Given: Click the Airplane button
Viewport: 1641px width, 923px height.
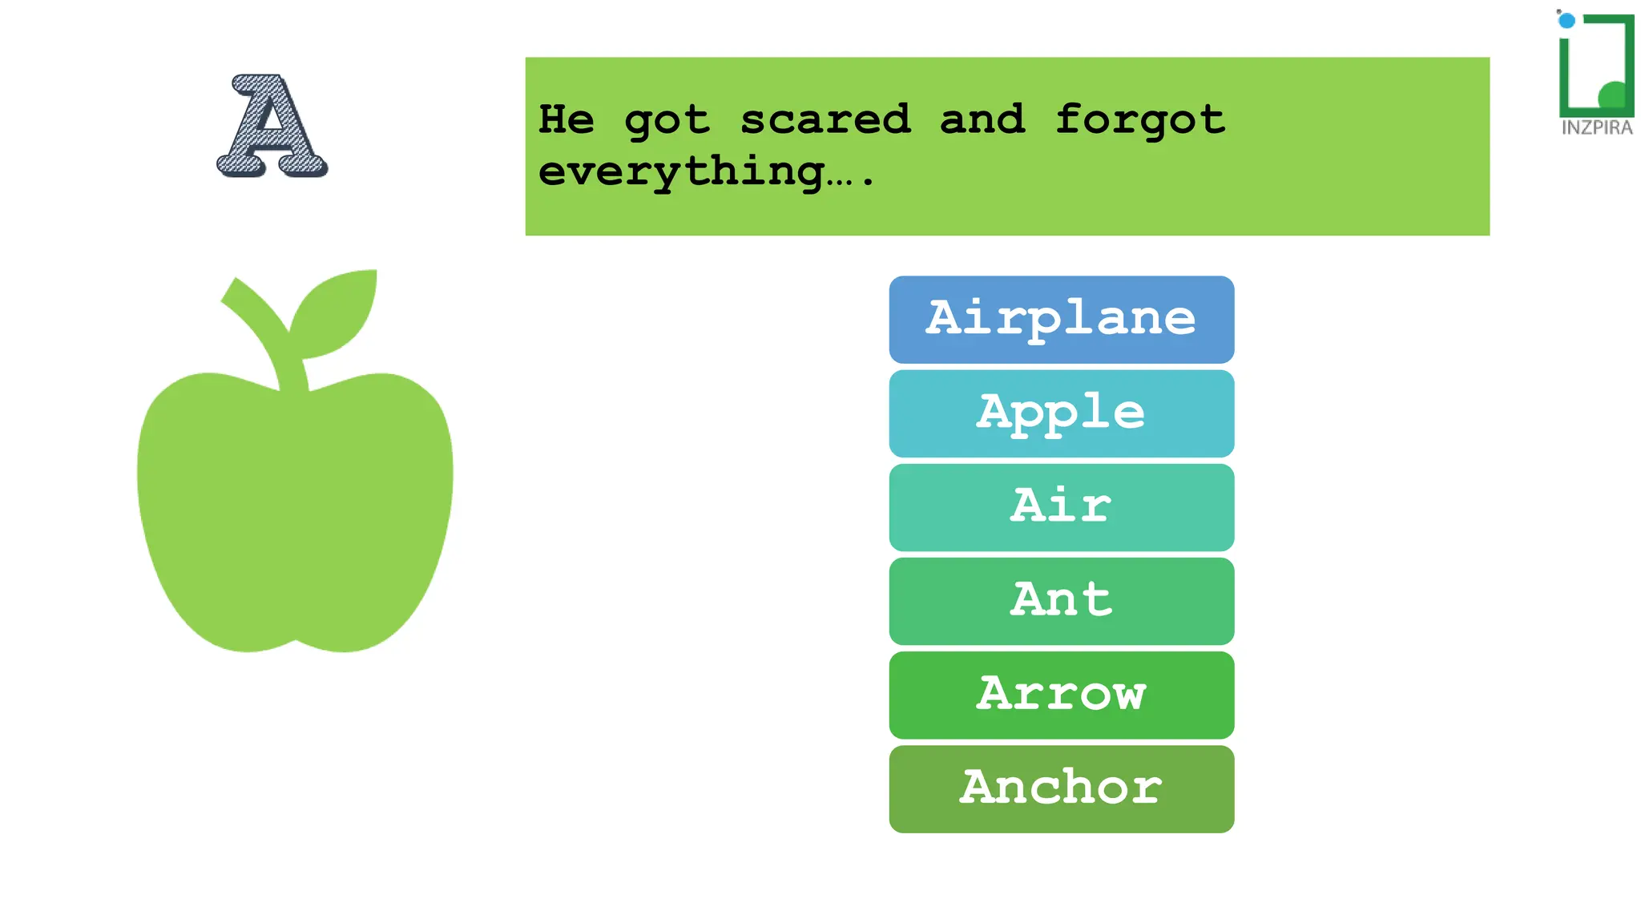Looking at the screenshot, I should click(x=1061, y=319).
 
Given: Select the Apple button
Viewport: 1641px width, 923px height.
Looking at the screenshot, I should click(x=1061, y=413).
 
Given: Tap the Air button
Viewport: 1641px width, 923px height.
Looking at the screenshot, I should click(x=1061, y=506).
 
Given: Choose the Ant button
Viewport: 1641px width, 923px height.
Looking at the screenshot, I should click(x=1061, y=600).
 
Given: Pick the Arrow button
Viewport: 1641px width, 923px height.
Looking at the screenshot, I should click(x=1061, y=694).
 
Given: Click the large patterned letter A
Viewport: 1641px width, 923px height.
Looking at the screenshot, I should click(x=272, y=127).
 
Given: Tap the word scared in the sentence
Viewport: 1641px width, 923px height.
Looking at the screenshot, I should click(x=825, y=120).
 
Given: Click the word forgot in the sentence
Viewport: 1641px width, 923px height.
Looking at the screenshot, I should click(x=1139, y=120).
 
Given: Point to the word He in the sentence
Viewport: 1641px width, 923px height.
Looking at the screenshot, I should click(x=566, y=120).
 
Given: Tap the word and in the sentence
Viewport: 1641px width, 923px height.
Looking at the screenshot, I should click(x=982, y=120).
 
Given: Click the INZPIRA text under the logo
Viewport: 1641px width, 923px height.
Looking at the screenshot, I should click(x=1596, y=128).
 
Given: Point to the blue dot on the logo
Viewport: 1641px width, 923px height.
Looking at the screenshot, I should click(x=1566, y=21).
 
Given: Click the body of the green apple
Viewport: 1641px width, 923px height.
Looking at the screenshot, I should click(x=294, y=513).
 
